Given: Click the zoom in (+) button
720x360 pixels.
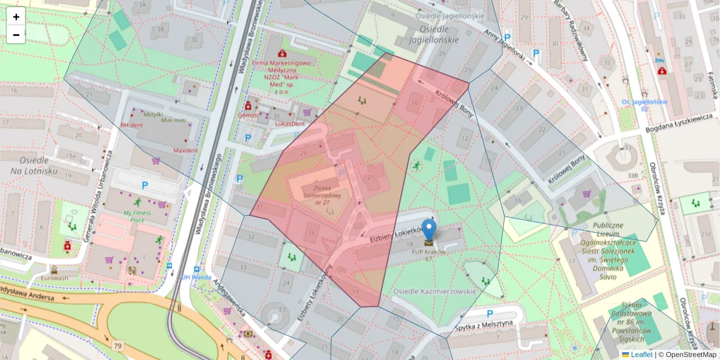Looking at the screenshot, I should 16,17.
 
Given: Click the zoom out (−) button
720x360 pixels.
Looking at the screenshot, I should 16,35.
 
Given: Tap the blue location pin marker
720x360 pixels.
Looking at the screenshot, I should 429,231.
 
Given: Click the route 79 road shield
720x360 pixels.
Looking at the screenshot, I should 118,346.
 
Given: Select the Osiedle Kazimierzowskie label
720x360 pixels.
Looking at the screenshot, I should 434,291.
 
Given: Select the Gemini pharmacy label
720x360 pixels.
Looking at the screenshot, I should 248,115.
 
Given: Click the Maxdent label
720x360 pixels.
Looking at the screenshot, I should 185,149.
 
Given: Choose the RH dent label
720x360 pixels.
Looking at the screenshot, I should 133,125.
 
